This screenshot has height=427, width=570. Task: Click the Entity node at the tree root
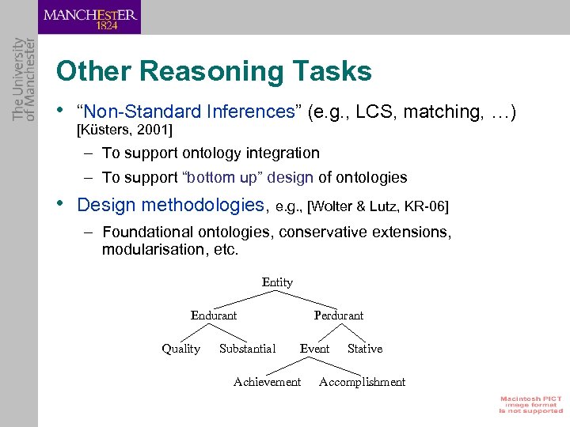(x=277, y=282)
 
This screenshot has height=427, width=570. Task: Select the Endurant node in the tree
(x=214, y=316)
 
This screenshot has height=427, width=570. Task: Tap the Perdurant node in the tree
(x=338, y=316)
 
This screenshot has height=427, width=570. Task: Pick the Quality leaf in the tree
(x=180, y=349)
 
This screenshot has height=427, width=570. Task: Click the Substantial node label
(x=247, y=349)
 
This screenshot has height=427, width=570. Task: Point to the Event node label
(x=314, y=349)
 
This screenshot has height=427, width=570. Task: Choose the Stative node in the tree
(x=364, y=349)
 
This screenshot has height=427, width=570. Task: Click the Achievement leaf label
(x=267, y=382)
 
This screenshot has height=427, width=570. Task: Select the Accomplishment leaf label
(x=362, y=382)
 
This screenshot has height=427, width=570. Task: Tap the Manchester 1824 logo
(x=89, y=17)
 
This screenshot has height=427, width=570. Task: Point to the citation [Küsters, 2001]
(x=124, y=129)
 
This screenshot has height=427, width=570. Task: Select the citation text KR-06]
(x=427, y=206)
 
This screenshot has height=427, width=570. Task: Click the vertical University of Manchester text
(x=24, y=79)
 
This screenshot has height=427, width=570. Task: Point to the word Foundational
(x=147, y=232)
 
